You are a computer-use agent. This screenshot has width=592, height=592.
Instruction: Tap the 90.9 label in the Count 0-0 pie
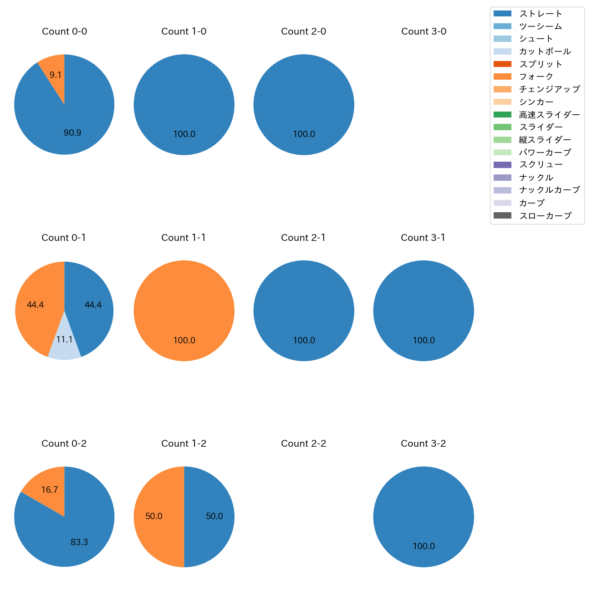[x=72, y=133]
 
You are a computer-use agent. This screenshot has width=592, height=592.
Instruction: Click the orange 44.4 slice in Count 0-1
[x=36, y=305]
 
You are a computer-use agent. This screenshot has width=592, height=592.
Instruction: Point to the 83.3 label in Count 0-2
[x=79, y=542]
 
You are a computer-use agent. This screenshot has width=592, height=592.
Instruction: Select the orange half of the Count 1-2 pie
[x=155, y=516]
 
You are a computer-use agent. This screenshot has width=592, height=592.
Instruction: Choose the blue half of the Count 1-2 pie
[x=213, y=516]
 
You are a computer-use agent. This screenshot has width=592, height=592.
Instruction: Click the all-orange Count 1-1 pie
[x=184, y=311]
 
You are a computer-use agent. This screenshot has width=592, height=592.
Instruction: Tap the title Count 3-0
[x=424, y=31]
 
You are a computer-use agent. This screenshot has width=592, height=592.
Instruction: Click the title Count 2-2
[x=304, y=444]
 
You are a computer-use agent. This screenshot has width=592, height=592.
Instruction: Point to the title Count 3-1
[x=423, y=238]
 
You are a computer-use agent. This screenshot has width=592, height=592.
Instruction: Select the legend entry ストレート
[x=541, y=14]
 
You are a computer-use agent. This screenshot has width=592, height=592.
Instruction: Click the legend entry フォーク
[x=536, y=77]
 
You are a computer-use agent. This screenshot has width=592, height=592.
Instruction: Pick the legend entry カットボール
[x=545, y=51]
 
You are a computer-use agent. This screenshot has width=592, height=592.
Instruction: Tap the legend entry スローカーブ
[x=545, y=216]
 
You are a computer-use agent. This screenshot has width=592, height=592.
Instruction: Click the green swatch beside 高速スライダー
[x=502, y=114]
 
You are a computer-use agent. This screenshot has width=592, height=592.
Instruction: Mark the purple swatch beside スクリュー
[x=502, y=165]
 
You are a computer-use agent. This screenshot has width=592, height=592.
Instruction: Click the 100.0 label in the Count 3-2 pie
[x=424, y=546]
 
